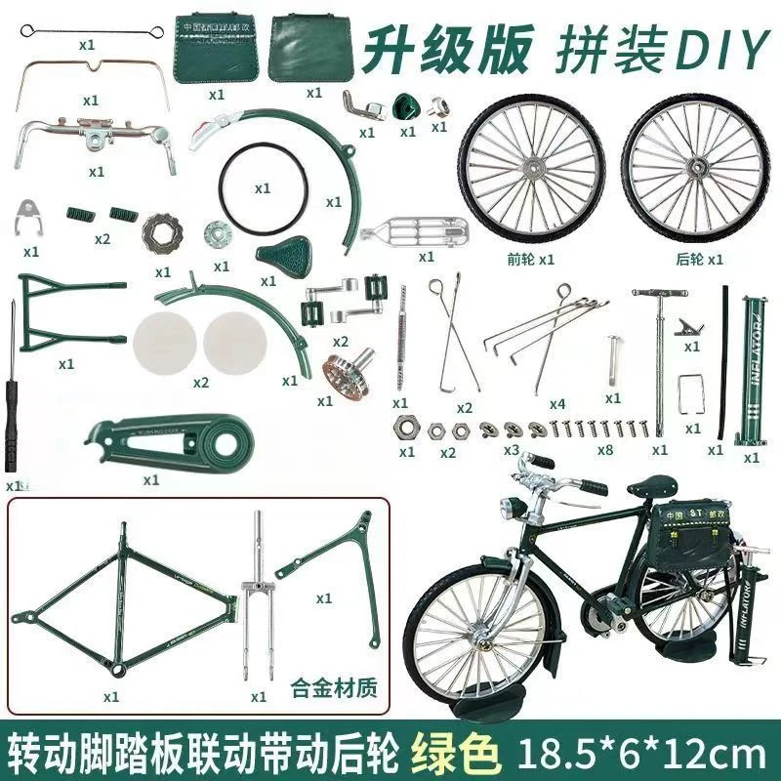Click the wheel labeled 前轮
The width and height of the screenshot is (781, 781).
531,172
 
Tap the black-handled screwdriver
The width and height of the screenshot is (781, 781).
11,390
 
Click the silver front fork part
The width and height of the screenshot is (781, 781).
259,605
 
